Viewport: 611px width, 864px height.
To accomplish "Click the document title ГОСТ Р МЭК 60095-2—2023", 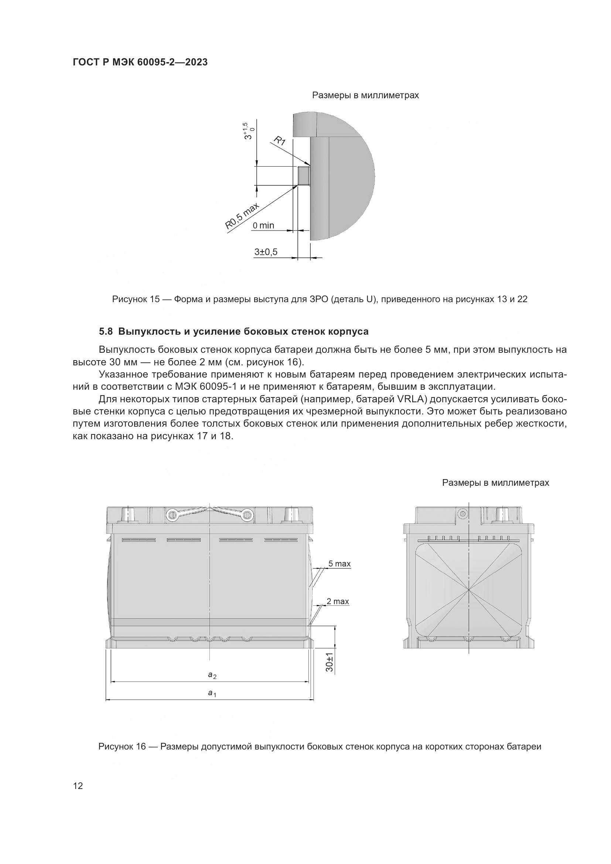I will click(x=140, y=62).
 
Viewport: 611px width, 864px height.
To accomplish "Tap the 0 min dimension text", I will click(x=263, y=225).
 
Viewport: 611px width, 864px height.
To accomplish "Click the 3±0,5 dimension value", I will click(x=266, y=252).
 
